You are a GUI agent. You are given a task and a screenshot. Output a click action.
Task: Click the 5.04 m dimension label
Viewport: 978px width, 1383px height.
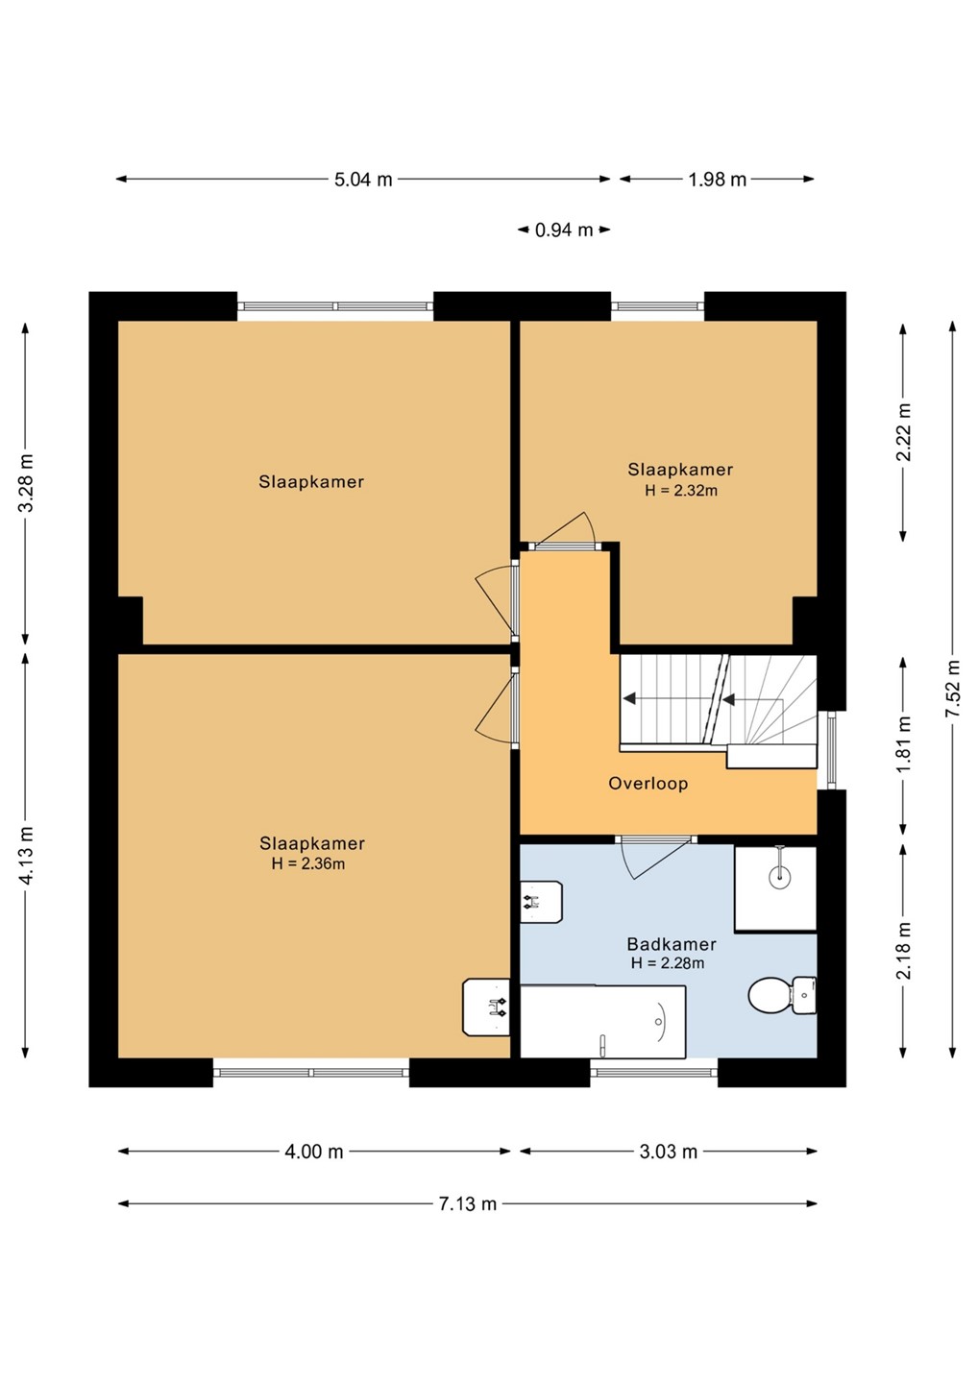click(363, 180)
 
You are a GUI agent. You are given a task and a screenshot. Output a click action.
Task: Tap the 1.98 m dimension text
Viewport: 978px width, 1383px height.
click(718, 180)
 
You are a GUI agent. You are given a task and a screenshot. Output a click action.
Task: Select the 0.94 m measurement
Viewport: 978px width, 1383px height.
click(564, 230)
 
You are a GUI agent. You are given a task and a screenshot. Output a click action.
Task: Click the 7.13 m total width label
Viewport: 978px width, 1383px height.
click(468, 1204)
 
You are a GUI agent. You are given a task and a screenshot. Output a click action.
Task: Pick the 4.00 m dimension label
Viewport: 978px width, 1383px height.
click(313, 1152)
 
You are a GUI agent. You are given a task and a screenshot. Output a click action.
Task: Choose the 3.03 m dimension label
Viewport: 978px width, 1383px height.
click(668, 1152)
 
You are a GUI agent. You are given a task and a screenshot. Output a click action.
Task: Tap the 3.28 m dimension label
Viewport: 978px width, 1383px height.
click(25, 482)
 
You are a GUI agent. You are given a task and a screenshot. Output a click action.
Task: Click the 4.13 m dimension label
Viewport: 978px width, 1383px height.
click(25, 855)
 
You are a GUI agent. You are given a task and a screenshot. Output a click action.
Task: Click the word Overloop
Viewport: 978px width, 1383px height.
click(648, 784)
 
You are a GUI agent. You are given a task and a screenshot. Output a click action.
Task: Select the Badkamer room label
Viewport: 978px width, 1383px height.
click(672, 944)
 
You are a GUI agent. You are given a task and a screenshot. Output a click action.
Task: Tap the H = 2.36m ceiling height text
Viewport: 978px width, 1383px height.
click(308, 863)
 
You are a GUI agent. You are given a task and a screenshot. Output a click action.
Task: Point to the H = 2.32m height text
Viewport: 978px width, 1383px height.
click(681, 491)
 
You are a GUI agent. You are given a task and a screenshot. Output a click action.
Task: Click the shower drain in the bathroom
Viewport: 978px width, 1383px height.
click(779, 876)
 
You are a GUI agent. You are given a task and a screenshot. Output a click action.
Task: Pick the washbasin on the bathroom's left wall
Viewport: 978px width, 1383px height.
click(541, 902)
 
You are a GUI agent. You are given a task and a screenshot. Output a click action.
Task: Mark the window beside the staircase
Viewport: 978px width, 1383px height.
click(832, 749)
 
